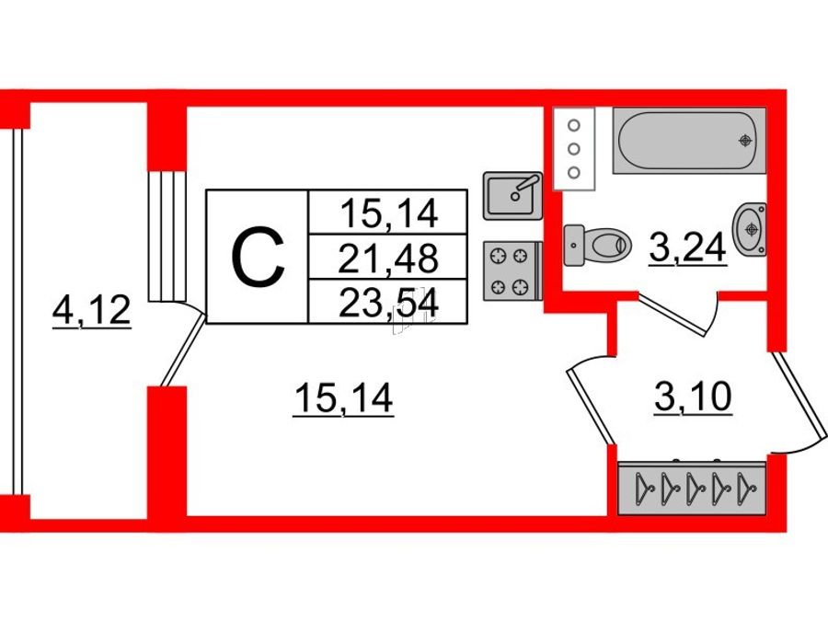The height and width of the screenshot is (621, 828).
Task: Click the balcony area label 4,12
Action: pos(91,312)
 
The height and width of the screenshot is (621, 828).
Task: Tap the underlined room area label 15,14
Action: pos(344,399)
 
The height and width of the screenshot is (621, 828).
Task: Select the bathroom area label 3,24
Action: pos(687,248)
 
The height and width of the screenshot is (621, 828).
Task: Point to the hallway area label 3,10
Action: pos(693,397)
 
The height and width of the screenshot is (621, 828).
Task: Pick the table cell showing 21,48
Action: pos(388,258)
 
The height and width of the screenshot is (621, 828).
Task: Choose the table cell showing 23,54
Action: pos(388,303)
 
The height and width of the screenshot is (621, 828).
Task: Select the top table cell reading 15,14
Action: pos(388,213)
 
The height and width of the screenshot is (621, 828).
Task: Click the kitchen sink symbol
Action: pos(512,195)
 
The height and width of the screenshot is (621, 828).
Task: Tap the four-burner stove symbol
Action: pos(512,271)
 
